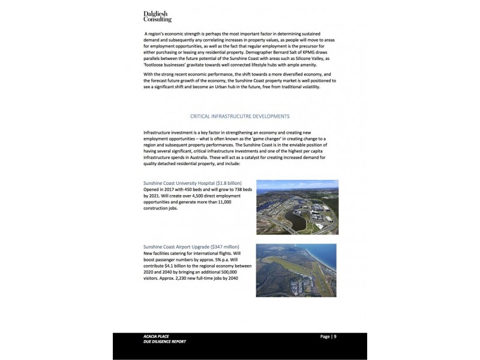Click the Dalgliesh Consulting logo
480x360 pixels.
click(x=158, y=16)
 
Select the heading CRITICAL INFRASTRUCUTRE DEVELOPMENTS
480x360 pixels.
click(x=239, y=116)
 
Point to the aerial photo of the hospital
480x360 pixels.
click(x=297, y=206)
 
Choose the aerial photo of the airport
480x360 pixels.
click(x=296, y=270)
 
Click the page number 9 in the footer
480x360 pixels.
click(x=335, y=337)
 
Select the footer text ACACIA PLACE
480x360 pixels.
click(x=148, y=337)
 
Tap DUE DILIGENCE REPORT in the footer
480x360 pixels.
click(x=160, y=342)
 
